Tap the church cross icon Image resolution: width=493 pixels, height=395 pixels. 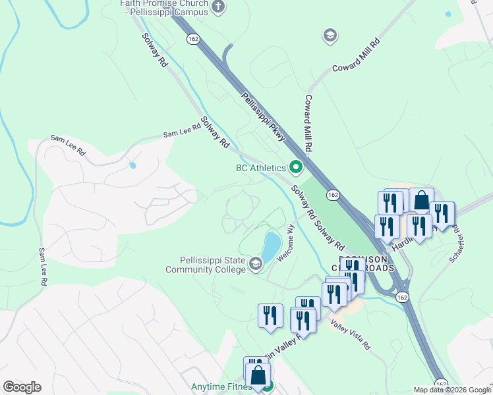point(219,7)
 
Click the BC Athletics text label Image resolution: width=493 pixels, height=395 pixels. point(261,168)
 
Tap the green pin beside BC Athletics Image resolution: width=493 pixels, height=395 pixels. point(295,168)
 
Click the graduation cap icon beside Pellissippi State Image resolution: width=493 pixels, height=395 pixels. point(255,265)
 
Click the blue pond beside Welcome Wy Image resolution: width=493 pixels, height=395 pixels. point(272,246)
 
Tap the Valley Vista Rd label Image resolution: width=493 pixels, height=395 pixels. point(351,335)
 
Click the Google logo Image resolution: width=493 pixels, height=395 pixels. point(22,387)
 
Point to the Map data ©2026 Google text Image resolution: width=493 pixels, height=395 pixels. point(452,390)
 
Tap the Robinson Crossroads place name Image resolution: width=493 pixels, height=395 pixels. point(361,263)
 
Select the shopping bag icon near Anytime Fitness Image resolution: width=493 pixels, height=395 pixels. point(259,375)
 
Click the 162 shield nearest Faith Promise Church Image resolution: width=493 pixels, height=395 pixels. point(193,39)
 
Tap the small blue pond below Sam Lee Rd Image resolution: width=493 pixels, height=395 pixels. point(132,165)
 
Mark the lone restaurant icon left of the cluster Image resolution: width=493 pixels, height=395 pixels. point(270,315)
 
